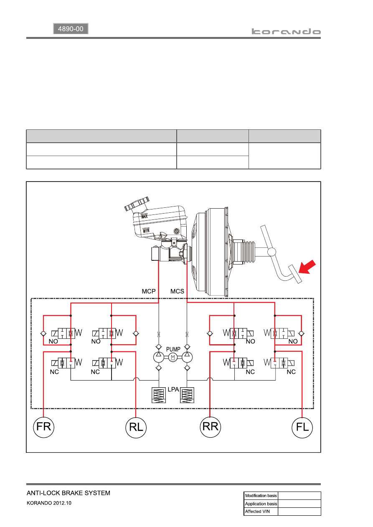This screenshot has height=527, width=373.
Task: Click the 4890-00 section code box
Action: [71, 29]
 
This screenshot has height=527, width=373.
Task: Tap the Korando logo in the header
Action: [286, 32]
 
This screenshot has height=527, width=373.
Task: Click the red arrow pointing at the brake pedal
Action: [307, 267]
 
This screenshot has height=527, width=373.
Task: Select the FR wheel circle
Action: [43, 427]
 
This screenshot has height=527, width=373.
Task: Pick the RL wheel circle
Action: [136, 427]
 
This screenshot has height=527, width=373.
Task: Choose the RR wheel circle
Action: [210, 427]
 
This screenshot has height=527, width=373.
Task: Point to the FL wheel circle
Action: [302, 427]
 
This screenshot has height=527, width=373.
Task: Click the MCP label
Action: [149, 291]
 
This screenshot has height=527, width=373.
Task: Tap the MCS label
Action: [177, 291]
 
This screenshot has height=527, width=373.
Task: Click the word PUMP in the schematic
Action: [173, 349]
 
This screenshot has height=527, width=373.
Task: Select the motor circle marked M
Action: [173, 357]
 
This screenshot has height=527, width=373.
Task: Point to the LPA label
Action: [173, 389]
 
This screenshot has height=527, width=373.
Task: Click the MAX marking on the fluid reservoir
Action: [144, 216]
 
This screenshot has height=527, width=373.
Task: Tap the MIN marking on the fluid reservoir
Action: [146, 230]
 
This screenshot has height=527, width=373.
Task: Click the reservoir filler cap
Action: [137, 204]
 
